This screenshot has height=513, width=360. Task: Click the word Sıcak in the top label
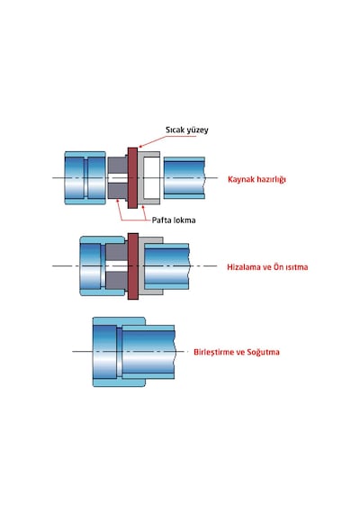175,130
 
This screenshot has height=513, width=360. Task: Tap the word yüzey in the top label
197,130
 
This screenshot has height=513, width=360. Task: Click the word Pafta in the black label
162,220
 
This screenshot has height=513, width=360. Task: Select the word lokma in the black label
184,220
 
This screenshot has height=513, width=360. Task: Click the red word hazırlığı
271,180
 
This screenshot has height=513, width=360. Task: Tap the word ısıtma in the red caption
297,267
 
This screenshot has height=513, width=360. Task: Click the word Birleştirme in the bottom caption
214,353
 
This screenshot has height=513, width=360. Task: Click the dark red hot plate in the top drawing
132,177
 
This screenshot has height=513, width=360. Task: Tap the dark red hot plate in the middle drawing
132,266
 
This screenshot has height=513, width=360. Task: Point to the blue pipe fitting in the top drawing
85,177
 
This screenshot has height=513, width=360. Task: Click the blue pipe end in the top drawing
184,178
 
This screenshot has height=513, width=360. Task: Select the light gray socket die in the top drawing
148,177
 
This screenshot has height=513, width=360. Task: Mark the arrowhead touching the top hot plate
140,146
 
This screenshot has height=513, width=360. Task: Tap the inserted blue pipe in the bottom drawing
148,352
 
